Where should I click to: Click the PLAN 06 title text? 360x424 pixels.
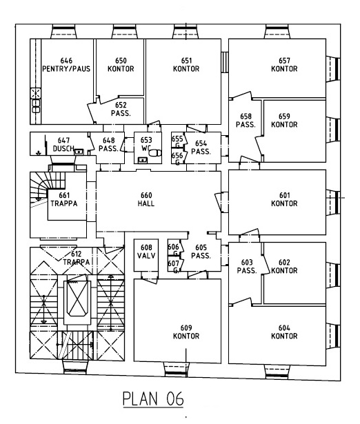(x=153, y=398)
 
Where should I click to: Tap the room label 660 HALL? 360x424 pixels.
(x=146, y=199)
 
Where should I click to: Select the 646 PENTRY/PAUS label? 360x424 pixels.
(x=66, y=65)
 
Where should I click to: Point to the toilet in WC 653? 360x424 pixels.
(x=155, y=153)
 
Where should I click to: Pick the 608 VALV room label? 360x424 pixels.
(x=146, y=252)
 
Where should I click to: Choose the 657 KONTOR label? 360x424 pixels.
(x=284, y=65)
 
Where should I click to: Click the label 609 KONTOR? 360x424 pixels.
(x=186, y=332)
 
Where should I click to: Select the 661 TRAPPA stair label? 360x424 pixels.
(x=64, y=199)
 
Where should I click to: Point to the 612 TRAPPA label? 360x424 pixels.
(x=77, y=258)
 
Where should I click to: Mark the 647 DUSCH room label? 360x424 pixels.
(x=63, y=144)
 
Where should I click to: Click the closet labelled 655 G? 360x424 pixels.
(x=178, y=142)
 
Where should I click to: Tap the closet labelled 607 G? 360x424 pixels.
(x=174, y=266)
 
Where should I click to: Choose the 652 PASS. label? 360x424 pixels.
(x=121, y=109)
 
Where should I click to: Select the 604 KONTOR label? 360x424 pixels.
(x=284, y=332)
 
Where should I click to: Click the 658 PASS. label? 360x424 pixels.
(x=246, y=121)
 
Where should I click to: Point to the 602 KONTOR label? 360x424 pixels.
(x=284, y=266)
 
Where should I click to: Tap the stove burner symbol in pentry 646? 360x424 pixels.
(x=36, y=94)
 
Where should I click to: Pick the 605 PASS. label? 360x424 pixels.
(x=201, y=252)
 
